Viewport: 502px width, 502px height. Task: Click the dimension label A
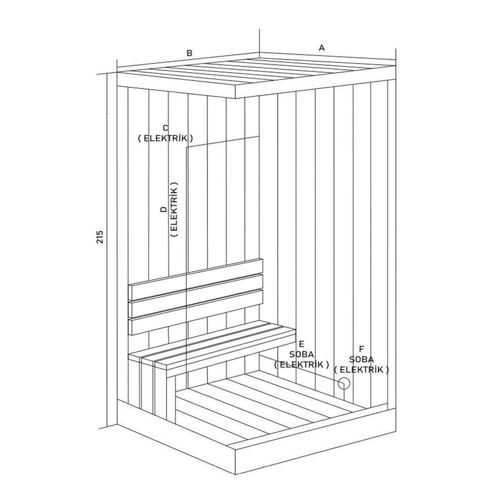321,48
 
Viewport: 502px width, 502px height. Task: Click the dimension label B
189,53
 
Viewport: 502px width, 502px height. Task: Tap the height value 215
100,237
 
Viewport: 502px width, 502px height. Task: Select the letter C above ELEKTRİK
165,127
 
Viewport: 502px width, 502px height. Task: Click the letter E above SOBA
302,343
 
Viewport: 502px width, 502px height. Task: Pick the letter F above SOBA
362,349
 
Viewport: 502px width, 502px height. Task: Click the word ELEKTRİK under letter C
165,138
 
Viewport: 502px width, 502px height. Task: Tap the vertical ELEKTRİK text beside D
174,209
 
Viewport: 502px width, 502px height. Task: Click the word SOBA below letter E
302,353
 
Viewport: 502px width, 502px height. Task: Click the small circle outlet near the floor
344,383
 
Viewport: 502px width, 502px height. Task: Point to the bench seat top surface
213,345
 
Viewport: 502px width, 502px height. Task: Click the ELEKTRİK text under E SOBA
302,364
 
